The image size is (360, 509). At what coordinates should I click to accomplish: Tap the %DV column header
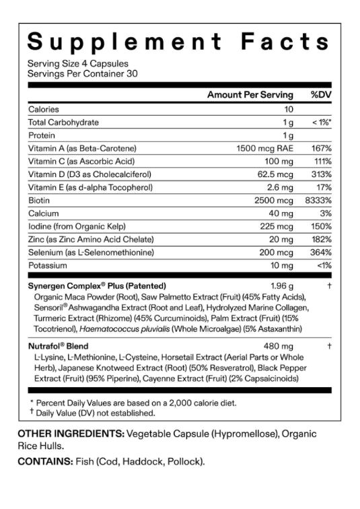pyautogui.click(x=321, y=95)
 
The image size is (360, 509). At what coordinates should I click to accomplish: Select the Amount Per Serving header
pyautogui.click(x=250, y=95)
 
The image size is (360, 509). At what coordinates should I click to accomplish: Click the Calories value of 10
pyautogui.click(x=289, y=109)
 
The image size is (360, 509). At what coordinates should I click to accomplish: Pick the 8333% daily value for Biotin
pyautogui.click(x=318, y=201)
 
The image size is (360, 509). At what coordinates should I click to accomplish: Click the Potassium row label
pyautogui.click(x=47, y=266)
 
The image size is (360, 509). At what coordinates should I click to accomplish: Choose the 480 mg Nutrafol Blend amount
pyautogui.click(x=279, y=345)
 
